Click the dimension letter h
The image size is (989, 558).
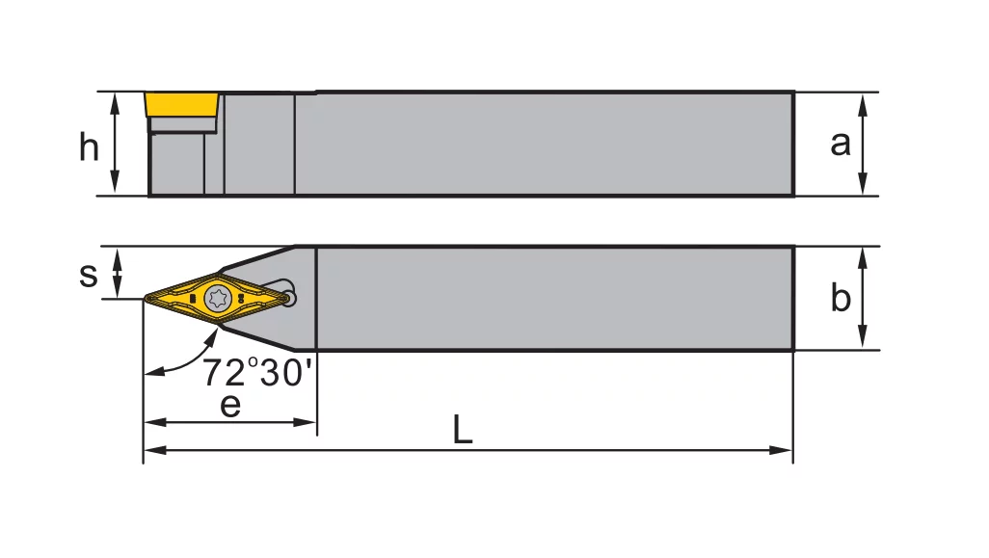click(x=89, y=146)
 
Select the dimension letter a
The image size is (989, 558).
click(x=841, y=144)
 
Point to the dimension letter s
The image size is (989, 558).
click(x=89, y=275)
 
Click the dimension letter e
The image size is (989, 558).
click(x=230, y=405)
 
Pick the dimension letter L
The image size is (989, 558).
click(x=463, y=430)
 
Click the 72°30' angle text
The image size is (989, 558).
click(x=256, y=371)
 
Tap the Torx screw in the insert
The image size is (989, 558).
click(x=218, y=298)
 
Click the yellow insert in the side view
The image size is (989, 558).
click(x=181, y=105)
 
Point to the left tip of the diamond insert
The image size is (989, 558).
click(x=145, y=298)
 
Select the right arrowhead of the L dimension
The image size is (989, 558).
click(x=781, y=450)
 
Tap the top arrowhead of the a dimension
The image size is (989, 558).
click(x=863, y=105)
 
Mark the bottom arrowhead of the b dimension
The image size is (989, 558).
click(x=863, y=337)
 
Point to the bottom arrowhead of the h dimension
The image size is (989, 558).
click(x=115, y=183)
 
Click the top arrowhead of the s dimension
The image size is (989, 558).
click(x=117, y=256)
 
